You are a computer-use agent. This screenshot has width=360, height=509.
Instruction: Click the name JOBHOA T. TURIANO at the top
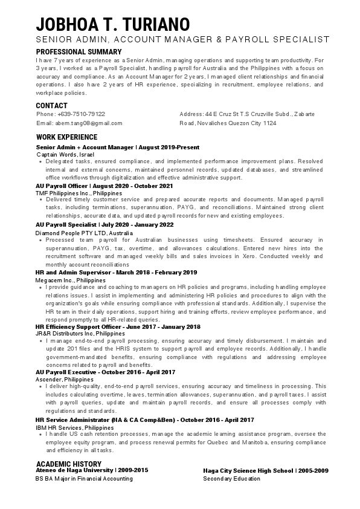click(x=113, y=24)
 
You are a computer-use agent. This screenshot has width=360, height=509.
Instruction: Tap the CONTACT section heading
click(x=51, y=106)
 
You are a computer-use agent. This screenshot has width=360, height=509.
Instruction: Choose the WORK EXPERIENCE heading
click(x=66, y=137)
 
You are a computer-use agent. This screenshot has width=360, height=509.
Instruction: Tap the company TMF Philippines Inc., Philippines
click(x=79, y=193)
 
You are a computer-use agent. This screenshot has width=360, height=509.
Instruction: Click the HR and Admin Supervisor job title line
click(x=116, y=273)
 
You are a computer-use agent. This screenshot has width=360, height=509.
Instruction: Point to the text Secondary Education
click(x=231, y=479)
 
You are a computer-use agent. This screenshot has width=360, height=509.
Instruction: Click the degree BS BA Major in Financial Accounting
click(x=84, y=479)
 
